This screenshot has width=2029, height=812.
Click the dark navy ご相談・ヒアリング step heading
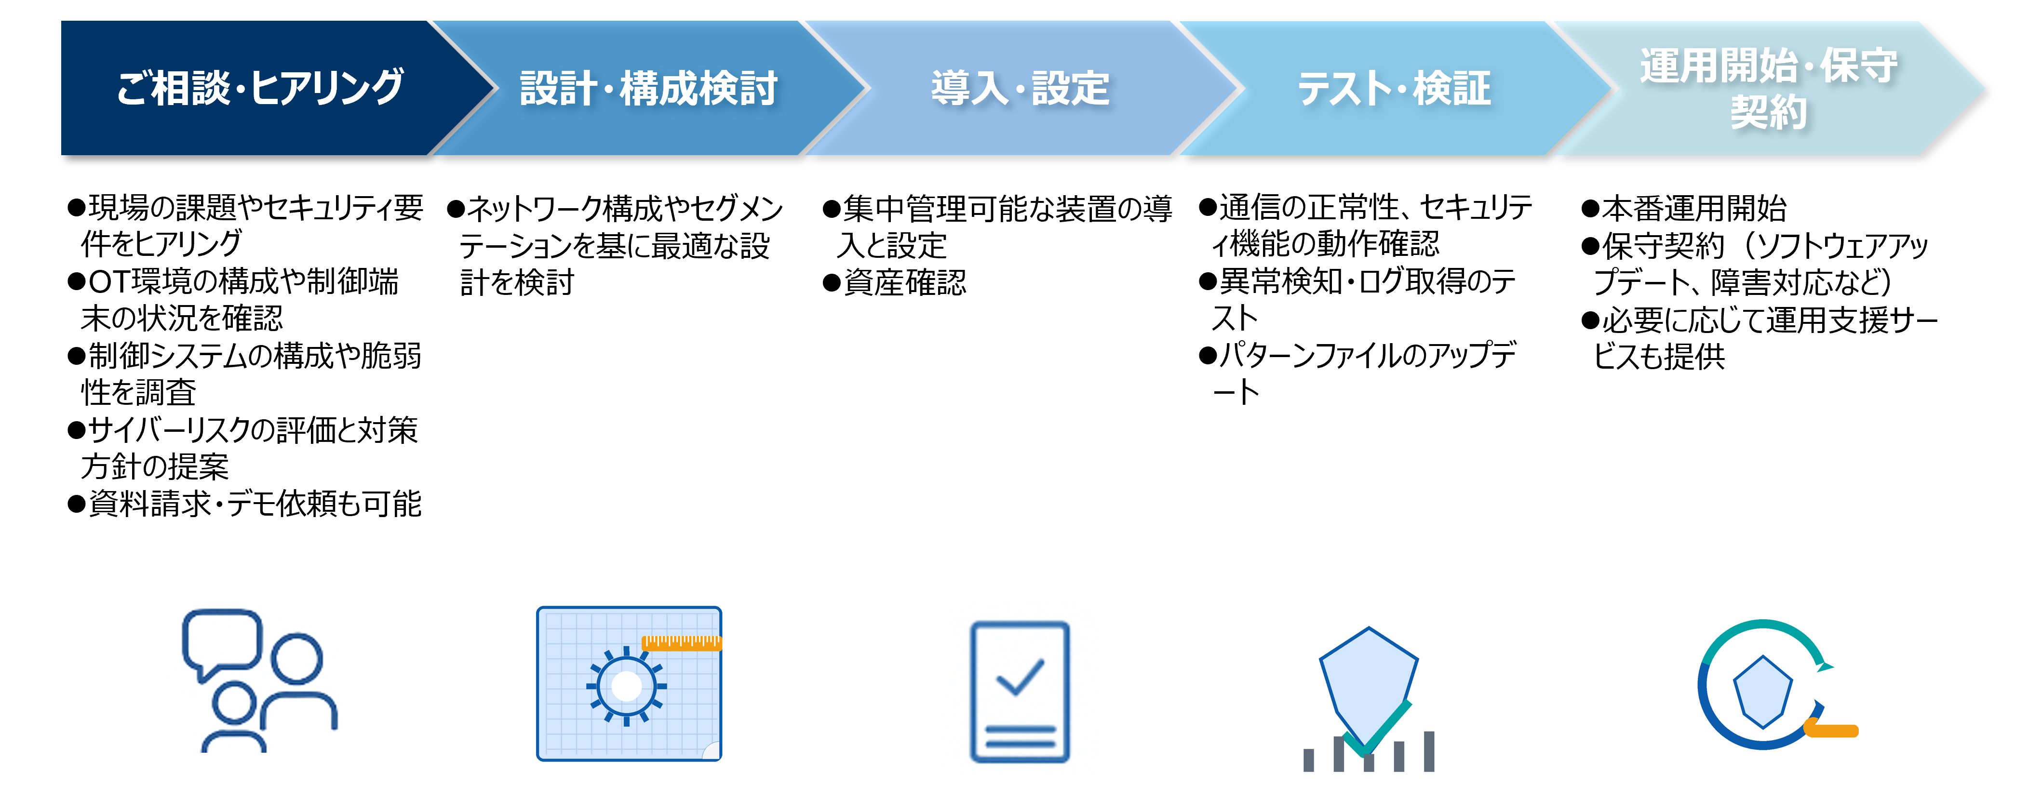(x=260, y=87)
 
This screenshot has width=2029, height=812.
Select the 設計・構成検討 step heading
(x=649, y=87)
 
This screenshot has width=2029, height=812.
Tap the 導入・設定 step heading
(x=1020, y=87)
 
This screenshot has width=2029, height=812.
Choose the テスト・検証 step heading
(x=1394, y=87)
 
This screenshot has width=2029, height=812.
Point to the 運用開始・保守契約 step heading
(x=1768, y=87)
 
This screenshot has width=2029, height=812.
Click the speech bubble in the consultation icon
(x=221, y=642)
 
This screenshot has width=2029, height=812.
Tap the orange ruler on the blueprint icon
(x=681, y=643)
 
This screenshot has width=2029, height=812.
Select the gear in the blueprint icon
(x=626, y=686)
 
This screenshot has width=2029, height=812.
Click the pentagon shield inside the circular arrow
(x=1763, y=692)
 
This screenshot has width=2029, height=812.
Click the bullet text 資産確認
(x=905, y=282)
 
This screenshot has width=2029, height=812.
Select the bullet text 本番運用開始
(x=1694, y=208)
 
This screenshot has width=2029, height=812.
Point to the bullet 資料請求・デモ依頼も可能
(x=245, y=503)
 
